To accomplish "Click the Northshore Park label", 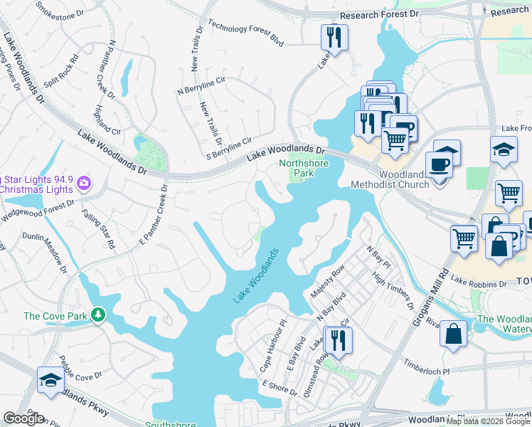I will tap(297, 167).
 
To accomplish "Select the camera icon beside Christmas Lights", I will tap(85, 184).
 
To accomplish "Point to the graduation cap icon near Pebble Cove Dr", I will tap(49, 381).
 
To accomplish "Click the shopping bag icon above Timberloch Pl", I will tap(453, 333).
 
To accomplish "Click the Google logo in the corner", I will tap(24, 418).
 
